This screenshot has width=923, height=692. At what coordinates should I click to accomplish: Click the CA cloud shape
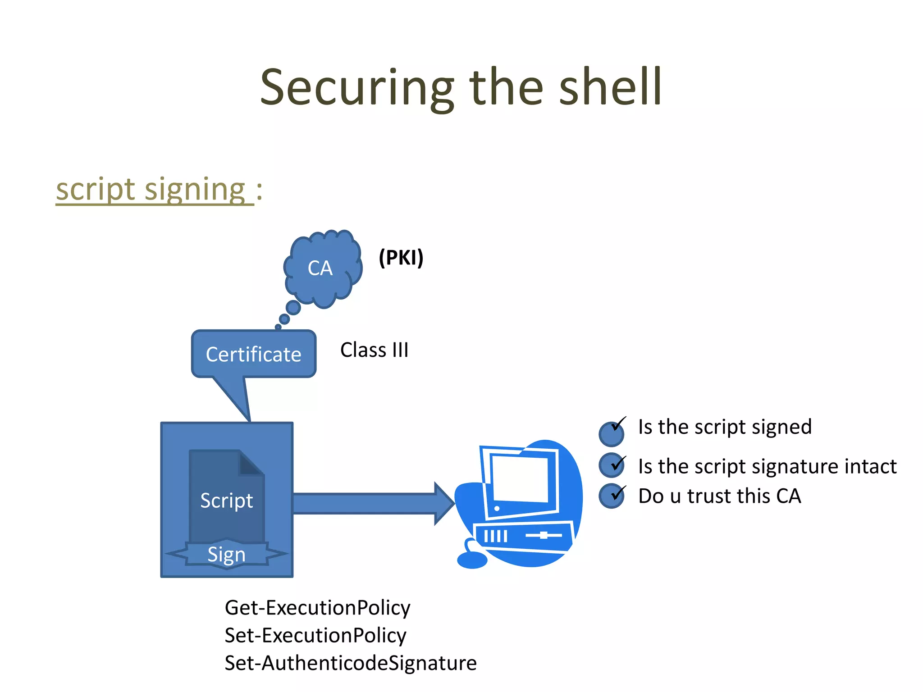(322, 269)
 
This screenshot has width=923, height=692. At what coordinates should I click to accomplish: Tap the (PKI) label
(401, 258)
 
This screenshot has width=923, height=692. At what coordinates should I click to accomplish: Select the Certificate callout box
(254, 354)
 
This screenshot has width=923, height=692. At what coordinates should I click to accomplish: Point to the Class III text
(374, 350)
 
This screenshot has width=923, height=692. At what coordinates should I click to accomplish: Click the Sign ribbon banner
(227, 555)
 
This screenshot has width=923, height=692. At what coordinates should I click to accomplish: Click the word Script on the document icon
(227, 501)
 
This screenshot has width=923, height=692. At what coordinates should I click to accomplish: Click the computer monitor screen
(521, 480)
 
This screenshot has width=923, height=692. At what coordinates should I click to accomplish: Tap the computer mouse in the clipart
(472, 560)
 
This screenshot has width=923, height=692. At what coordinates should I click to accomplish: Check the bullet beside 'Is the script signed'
(612, 433)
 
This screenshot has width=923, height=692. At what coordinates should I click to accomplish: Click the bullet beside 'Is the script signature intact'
(612, 465)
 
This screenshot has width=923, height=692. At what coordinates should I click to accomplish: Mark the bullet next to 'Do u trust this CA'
(612, 496)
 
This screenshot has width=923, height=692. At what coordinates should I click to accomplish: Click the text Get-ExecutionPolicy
(317, 608)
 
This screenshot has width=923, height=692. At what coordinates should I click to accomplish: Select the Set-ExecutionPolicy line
(315, 636)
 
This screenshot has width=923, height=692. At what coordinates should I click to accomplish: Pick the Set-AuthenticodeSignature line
(350, 663)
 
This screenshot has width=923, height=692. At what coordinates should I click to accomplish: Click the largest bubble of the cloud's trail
(293, 308)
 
